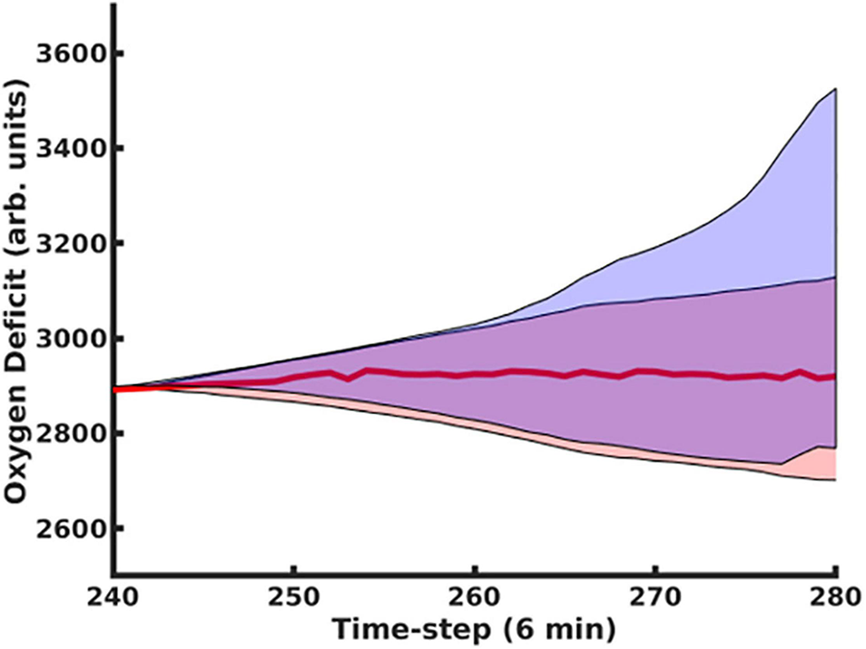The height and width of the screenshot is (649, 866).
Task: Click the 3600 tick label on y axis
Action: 67,54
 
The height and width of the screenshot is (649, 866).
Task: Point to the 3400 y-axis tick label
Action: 67,148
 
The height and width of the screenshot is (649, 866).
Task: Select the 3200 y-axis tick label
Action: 67,243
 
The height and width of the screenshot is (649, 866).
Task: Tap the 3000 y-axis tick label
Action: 67,339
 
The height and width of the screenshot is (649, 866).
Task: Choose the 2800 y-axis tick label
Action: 67,434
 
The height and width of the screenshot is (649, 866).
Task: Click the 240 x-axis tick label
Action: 114,600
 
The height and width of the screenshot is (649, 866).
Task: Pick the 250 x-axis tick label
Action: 294,600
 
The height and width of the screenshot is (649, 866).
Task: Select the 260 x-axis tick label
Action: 475,600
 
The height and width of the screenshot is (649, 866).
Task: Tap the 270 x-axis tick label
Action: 654,600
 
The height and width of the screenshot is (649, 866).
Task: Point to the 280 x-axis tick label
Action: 833,600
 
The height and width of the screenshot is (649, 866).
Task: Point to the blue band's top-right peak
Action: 834,89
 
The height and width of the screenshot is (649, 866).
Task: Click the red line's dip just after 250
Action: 349,379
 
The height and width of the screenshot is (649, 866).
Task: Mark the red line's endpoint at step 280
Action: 834,376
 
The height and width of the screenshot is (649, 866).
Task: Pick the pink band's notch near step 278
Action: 782,464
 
